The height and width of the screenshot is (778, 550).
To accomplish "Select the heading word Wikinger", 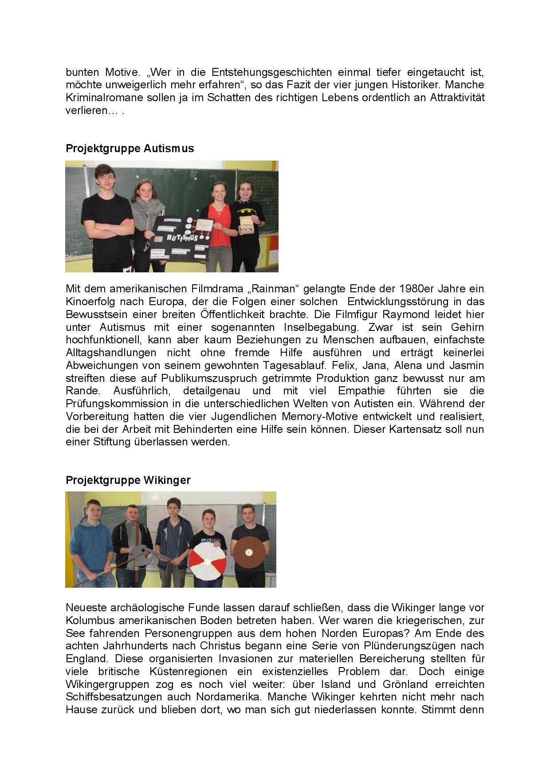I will tap(167, 480).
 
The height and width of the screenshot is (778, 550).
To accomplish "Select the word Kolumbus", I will tap(87, 620).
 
